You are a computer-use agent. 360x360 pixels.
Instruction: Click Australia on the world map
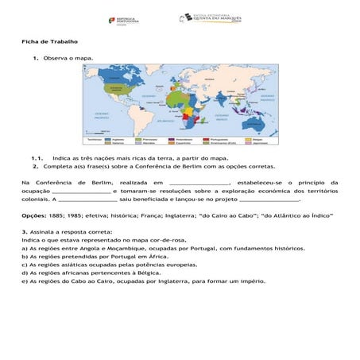(255, 114)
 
